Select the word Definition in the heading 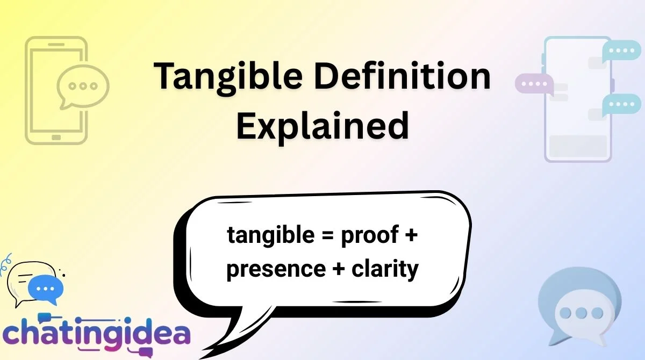(x=403, y=76)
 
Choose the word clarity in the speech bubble (x=385, y=269)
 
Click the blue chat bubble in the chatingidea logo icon (x=47, y=289)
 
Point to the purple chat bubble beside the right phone (x=534, y=84)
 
